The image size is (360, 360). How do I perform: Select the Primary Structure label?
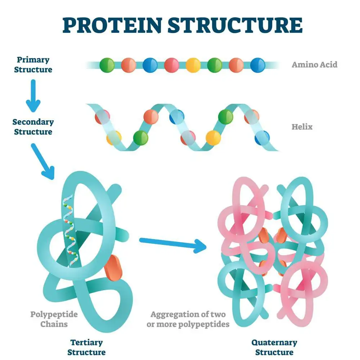[x=33, y=64]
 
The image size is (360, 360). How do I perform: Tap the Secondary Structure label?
[x=33, y=127]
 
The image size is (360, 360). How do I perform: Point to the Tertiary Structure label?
[x=86, y=347]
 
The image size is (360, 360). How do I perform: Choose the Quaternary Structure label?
[x=274, y=347]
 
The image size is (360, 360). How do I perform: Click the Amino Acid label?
[x=314, y=65]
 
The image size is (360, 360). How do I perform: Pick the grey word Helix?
[x=302, y=127]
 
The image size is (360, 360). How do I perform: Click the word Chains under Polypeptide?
[x=54, y=324]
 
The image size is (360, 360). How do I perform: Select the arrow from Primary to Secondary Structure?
[x=33, y=95]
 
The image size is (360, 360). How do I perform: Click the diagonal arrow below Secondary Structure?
[x=43, y=161]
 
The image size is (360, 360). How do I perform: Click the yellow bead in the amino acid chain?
[x=193, y=65]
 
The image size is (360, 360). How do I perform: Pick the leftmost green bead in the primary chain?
[x=107, y=65]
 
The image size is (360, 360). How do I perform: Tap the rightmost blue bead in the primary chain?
[x=258, y=65]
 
